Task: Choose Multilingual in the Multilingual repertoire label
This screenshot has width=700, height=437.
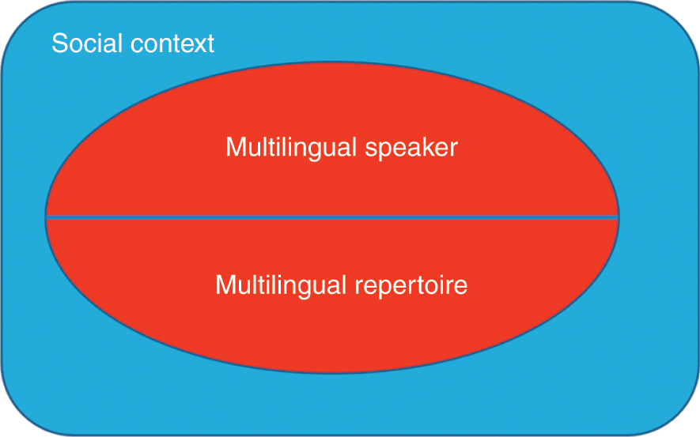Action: pos(278,284)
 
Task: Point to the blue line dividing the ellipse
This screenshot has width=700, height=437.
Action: pos(332,217)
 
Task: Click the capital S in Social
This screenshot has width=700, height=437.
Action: pos(59,43)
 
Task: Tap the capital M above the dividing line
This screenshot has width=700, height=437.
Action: pos(235,148)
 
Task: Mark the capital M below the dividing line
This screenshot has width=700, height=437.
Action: pos(225,284)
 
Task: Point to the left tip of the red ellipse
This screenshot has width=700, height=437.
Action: pos(47,216)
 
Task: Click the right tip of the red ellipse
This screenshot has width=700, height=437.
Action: pos(618,216)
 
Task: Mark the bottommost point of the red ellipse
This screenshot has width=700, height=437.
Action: pos(332,374)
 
